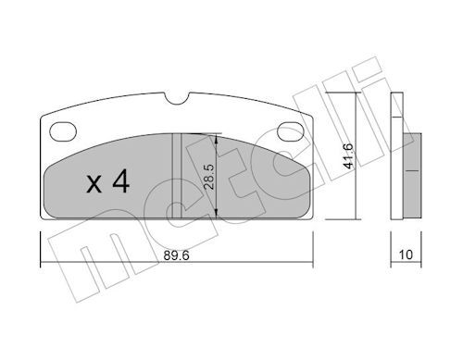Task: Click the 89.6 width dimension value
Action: pos(176,255)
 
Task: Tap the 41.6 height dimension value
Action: pos(348,155)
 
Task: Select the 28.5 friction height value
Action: pos(208,176)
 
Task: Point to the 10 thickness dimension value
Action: pos(406,255)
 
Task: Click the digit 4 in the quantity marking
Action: pos(121,181)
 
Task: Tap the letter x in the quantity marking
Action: pos(94,184)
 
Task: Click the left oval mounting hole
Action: pos(63,131)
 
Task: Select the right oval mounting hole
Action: pos(291,131)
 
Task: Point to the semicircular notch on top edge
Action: pos(177,99)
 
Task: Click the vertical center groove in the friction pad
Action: pos(177,176)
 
